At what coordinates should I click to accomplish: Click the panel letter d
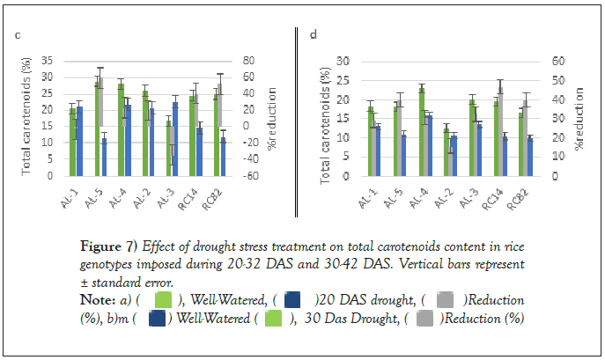pos(314,35)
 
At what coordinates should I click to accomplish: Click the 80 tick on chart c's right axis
pos(250,61)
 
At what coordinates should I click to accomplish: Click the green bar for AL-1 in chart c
pos(72,141)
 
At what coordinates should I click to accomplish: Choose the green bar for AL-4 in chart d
pos(422,131)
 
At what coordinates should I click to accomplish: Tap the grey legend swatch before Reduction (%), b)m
pos(445,300)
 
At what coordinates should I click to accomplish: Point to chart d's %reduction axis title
pos(580,120)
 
